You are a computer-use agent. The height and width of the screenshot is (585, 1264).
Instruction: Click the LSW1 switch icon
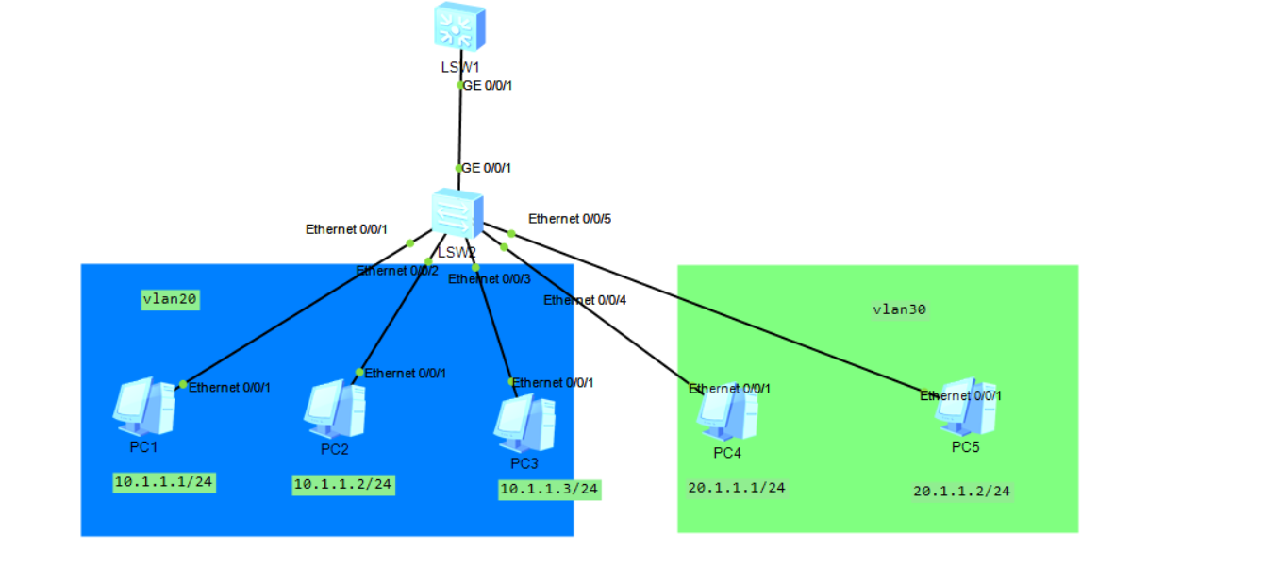pos(459,25)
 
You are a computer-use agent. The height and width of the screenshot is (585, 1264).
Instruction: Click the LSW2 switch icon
pos(457,213)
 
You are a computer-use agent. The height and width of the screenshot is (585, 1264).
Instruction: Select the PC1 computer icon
pos(142,406)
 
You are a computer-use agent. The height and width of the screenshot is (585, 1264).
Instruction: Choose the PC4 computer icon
pos(726,413)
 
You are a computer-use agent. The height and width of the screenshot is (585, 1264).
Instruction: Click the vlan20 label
pos(171,300)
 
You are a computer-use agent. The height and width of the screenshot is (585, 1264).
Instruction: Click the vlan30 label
pos(899,309)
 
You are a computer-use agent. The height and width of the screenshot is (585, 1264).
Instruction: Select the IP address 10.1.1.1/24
pos(164,482)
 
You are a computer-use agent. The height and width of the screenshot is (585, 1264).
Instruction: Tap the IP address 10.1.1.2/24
pos(343,485)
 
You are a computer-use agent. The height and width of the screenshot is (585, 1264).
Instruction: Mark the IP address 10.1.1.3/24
pos(550,490)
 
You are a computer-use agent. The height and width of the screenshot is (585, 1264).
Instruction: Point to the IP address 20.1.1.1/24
pos(738,488)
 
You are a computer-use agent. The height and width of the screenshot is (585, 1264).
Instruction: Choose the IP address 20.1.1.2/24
pos(962,492)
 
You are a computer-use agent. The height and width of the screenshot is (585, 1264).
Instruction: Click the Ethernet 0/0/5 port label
pos(570,219)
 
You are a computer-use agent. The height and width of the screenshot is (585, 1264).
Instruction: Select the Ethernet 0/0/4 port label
pos(584,300)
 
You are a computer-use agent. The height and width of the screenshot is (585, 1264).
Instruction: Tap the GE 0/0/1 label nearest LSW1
pos(487,85)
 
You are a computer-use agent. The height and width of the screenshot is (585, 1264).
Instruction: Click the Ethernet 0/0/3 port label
pos(489,278)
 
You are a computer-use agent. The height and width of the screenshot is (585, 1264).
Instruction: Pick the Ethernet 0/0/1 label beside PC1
pos(229,387)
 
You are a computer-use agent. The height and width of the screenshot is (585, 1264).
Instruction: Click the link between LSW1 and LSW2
pos(459,127)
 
